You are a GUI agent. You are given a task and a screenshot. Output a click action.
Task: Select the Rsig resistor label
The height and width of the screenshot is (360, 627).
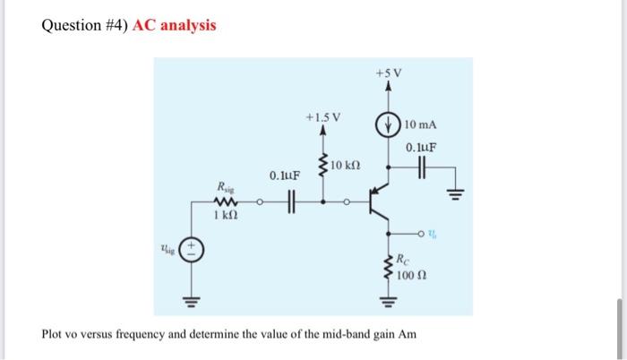224,187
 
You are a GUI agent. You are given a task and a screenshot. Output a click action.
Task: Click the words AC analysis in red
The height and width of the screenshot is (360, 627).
174,24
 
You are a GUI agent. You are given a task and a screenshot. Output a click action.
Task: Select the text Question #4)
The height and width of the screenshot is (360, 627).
83,24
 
